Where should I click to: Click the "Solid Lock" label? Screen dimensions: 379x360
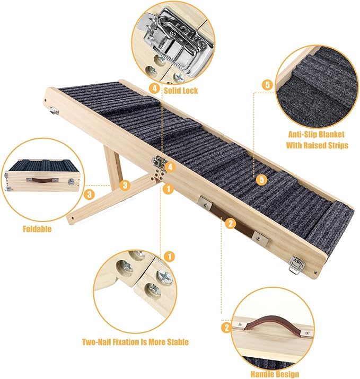[x=180, y=91]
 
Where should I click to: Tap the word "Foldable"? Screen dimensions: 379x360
[x=37, y=230]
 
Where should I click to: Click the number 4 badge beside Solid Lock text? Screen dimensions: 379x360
[x=154, y=89]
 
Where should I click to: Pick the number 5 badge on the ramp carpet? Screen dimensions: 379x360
[x=261, y=180]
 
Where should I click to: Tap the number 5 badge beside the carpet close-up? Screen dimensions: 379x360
[x=267, y=85]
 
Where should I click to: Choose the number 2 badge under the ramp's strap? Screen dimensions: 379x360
[x=230, y=224]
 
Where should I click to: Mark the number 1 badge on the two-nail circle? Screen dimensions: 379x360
[x=169, y=257]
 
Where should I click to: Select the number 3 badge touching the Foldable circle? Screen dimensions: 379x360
[x=91, y=194]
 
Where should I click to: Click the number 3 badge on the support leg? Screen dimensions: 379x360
[x=125, y=185]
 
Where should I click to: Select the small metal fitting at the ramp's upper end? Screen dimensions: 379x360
[x=54, y=110]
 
